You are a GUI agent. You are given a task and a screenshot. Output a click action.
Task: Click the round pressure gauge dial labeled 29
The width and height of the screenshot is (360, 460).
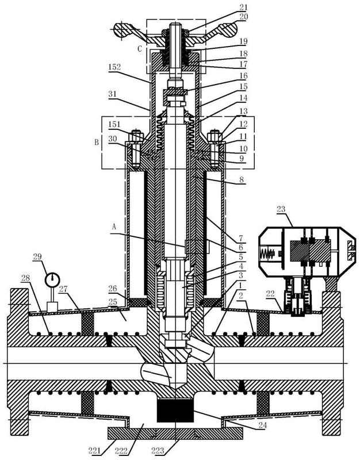pos(52,279)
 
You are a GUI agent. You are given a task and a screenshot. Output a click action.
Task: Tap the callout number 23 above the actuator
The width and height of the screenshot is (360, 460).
pos(281,209)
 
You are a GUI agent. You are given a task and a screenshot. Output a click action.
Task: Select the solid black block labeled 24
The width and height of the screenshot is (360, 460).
pos(175,411)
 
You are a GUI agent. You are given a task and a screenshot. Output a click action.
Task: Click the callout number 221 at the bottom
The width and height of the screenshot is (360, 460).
pos(94,450)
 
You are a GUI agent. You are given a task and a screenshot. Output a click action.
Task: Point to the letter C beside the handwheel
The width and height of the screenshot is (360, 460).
pos(140,49)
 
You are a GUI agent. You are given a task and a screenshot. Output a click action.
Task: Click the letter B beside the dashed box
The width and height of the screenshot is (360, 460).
pos(96,143)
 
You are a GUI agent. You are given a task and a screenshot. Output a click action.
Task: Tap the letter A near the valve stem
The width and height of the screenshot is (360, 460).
pos(114,227)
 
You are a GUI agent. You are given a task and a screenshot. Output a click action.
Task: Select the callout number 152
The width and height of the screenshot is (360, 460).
pos(114,67)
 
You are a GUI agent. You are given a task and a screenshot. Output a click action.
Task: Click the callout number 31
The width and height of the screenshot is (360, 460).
pos(112,94)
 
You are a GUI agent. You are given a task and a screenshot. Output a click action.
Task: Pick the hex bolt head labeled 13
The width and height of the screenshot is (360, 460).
pos(214,136)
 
